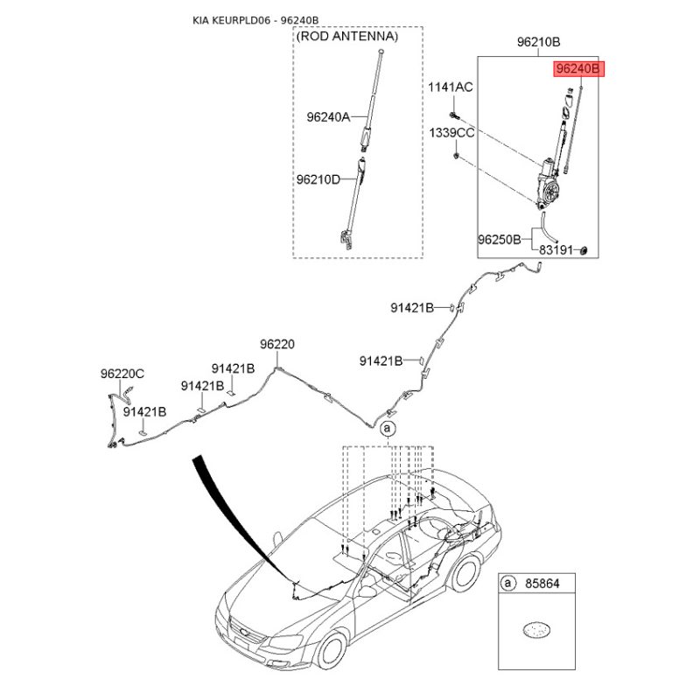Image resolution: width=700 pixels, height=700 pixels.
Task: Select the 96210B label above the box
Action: (538, 42)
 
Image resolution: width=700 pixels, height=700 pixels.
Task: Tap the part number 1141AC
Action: (450, 87)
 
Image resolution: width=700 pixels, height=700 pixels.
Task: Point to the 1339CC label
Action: (451, 133)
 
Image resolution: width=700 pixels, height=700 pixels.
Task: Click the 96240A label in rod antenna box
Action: (328, 116)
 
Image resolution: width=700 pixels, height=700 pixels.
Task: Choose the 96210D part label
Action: (328, 179)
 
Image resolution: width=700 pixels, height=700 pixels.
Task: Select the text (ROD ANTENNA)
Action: (346, 38)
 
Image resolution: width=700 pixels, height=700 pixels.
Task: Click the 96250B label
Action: (500, 238)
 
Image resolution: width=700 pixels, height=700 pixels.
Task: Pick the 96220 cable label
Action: (276, 345)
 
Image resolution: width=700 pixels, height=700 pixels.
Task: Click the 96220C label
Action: (122, 374)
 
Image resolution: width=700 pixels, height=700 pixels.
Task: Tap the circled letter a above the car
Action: (388, 428)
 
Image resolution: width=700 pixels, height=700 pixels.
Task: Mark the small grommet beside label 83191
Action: (584, 251)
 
